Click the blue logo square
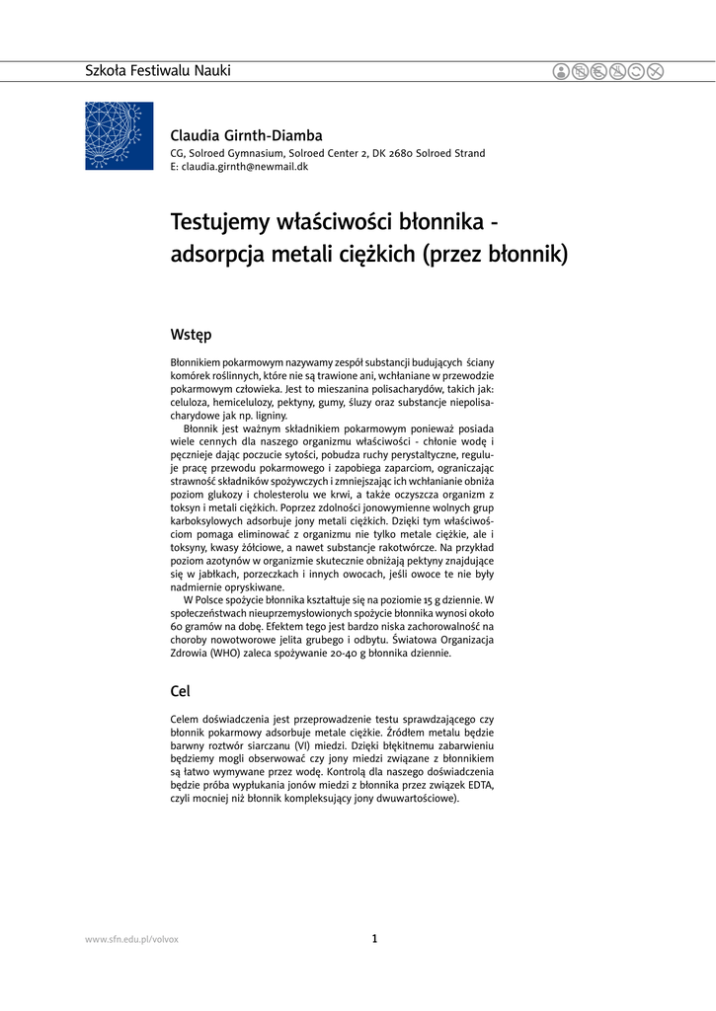pos(119,135)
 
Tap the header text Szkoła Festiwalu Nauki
pos(158,71)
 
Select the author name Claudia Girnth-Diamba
pos(246,135)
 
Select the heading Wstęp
pos(191,335)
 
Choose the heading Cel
pos(180,690)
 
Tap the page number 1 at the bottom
pos(374,939)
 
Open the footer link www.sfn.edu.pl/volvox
pos(132,939)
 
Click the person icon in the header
pos(561,71)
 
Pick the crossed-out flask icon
pos(617,71)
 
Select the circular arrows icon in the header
pos(636,71)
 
